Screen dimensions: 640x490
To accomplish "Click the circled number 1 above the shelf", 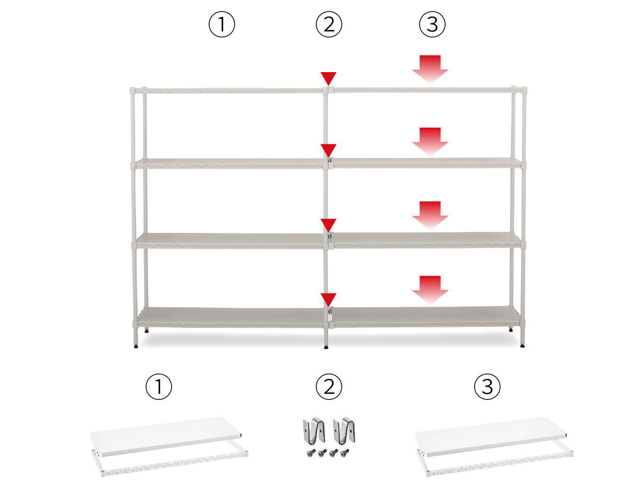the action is (x=221, y=24).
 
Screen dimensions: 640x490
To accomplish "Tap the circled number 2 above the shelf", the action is (x=329, y=24).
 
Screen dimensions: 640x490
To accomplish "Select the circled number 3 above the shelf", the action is (x=432, y=24).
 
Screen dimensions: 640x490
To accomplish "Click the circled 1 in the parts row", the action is (x=159, y=387).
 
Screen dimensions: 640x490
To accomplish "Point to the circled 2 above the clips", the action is (x=329, y=387).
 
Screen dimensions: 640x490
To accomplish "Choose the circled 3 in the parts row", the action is (x=487, y=387).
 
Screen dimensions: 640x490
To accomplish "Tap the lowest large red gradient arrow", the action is (x=430, y=290).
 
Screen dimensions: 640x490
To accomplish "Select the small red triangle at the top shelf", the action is (x=329, y=78).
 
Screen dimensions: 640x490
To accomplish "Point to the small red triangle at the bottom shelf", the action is (x=329, y=299).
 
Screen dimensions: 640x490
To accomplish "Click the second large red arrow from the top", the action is (x=430, y=142).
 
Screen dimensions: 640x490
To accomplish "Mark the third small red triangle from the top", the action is (x=329, y=225).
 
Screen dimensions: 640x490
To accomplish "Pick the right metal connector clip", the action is (x=344, y=431).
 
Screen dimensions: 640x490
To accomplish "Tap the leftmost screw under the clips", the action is (x=311, y=453).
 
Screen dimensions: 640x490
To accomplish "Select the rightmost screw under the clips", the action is (x=345, y=453).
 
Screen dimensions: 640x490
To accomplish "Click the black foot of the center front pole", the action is (x=326, y=347).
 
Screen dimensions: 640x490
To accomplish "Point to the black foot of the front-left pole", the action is (x=136, y=346).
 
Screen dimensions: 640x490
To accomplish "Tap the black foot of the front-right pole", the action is (x=522, y=346).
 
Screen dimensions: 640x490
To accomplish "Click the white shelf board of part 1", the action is (x=166, y=436).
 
